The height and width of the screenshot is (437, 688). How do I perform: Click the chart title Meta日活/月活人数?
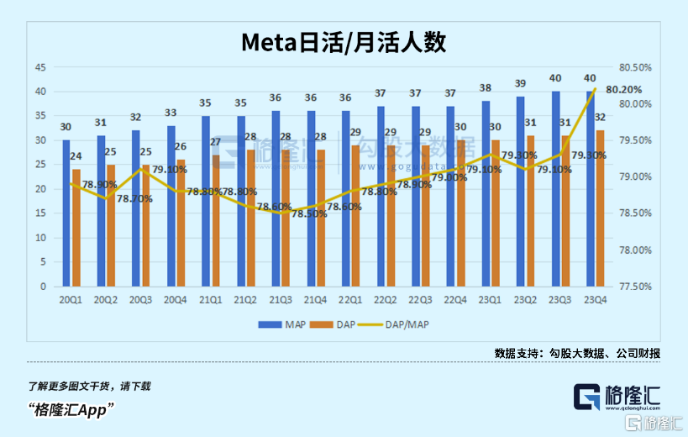(x=344, y=41)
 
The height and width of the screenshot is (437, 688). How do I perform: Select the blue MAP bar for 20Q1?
(x=66, y=213)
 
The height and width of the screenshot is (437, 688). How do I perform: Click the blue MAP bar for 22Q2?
(x=381, y=197)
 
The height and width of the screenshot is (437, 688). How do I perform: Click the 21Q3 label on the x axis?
(x=280, y=300)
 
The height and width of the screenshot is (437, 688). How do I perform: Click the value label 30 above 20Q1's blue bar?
(x=66, y=127)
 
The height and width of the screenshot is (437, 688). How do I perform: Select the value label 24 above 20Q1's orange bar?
(x=76, y=156)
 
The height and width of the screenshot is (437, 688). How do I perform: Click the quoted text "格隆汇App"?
(x=71, y=409)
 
